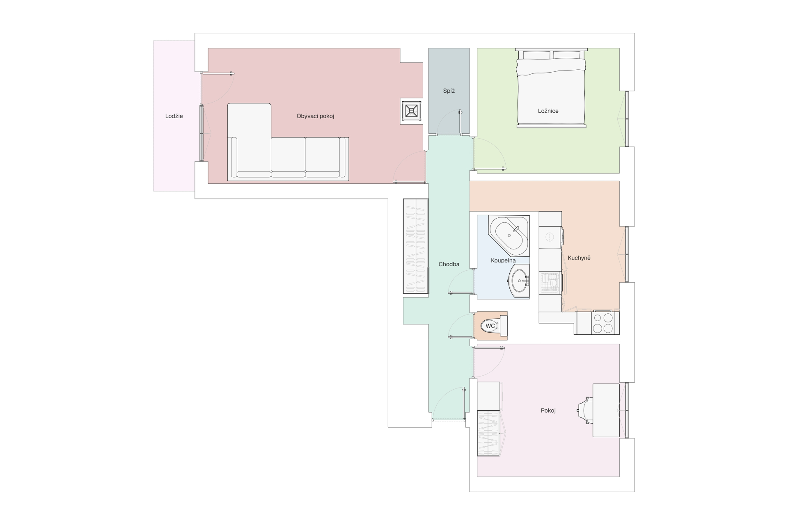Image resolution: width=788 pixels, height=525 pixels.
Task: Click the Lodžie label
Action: coord(174,116)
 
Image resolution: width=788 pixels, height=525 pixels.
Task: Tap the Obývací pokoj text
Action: coord(315,116)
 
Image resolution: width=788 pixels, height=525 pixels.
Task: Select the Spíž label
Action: coord(449,91)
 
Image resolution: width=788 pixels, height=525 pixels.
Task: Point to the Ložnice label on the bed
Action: coord(548,111)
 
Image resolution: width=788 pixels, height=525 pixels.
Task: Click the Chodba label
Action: coord(449,264)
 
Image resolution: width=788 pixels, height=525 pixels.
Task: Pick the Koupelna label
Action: coord(503,260)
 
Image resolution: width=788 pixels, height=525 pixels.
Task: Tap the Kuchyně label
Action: coord(579,258)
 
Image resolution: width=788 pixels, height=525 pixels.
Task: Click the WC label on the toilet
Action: coord(490,326)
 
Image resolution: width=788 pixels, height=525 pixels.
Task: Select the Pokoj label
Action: coord(548,411)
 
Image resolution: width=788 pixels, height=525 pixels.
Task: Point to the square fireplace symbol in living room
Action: coord(412,111)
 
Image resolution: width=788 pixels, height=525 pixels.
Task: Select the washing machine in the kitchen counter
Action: coord(550,237)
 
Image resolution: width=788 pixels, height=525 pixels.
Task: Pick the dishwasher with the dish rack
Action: coord(550,283)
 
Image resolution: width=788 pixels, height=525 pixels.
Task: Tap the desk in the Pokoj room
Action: coord(606,410)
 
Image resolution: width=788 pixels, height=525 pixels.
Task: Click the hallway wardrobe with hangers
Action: coord(416,246)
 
